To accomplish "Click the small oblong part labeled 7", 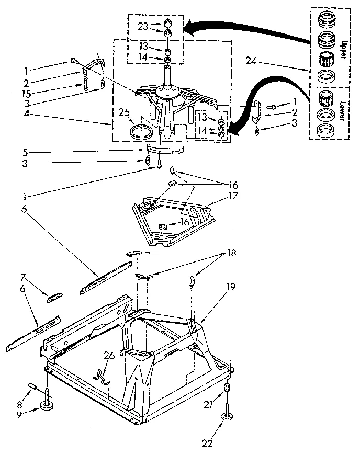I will tap(54, 297).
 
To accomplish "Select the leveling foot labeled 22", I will tap(228, 416).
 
